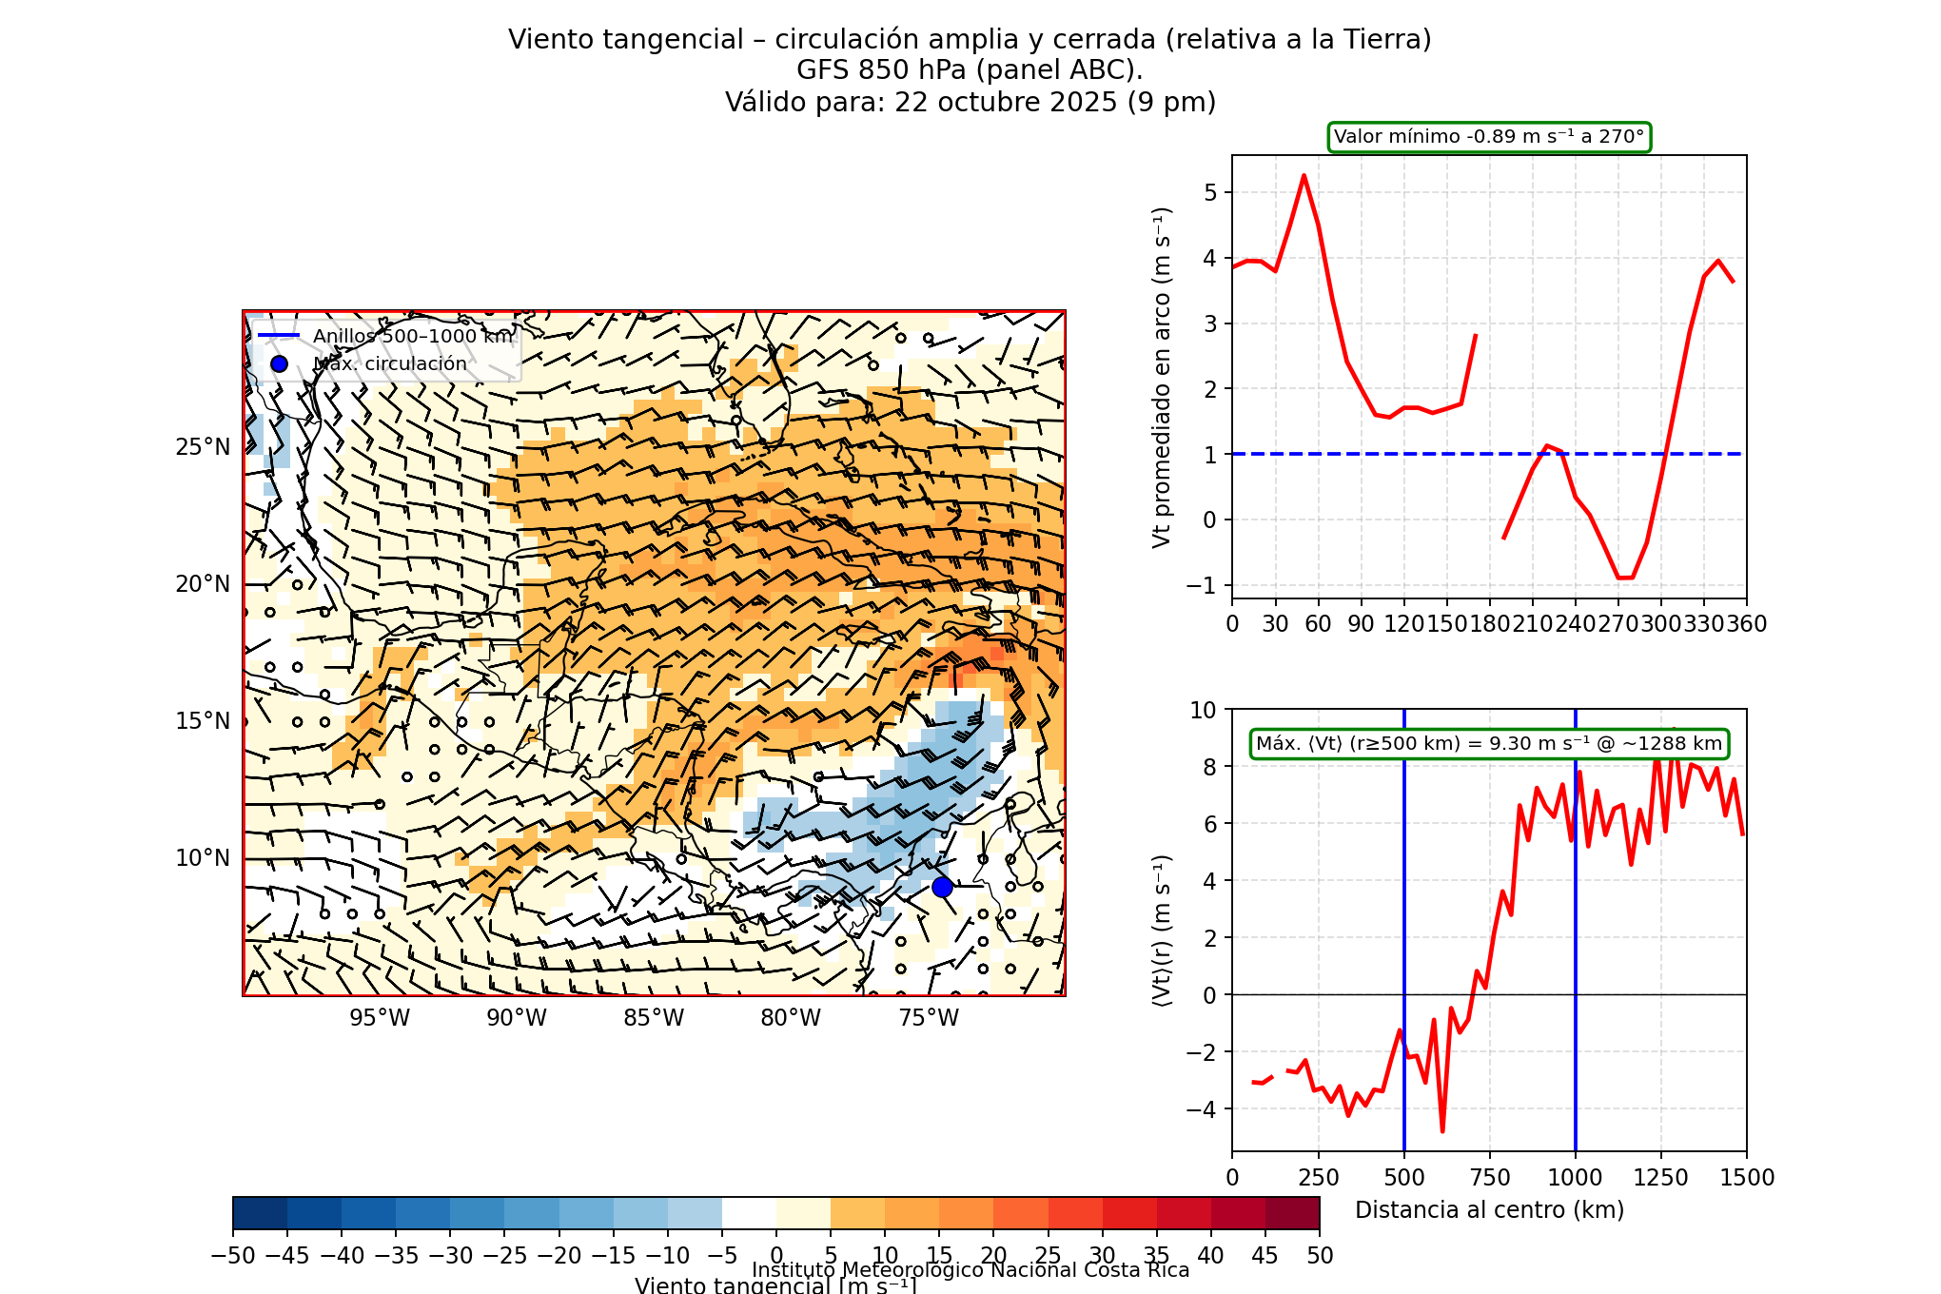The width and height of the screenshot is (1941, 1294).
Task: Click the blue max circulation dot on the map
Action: click(x=942, y=887)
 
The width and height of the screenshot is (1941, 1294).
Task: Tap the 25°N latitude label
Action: click(x=203, y=447)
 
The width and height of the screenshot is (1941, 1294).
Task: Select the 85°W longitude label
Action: click(x=654, y=1018)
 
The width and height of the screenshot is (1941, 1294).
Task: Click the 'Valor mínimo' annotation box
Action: click(x=1489, y=137)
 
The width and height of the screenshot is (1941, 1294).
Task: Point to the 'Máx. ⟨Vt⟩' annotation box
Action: click(x=1489, y=744)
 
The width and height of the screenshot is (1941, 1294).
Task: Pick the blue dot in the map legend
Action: click(x=279, y=363)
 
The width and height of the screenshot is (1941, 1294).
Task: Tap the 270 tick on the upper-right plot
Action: click(x=1617, y=624)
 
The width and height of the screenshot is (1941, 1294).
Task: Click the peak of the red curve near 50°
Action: click(x=1304, y=175)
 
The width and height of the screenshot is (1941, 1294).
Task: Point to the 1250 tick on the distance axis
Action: click(x=1661, y=1178)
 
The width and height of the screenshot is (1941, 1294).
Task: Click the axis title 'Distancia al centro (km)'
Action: click(x=1489, y=1210)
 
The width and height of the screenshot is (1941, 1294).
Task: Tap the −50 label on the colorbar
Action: click(x=233, y=1256)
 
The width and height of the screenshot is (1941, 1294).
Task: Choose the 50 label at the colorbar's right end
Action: click(x=1320, y=1256)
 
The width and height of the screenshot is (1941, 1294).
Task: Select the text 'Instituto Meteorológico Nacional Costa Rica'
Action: click(x=970, y=1270)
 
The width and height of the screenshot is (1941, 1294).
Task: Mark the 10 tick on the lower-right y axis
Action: click(x=1204, y=710)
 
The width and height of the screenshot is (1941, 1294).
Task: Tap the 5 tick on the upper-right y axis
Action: click(x=1210, y=193)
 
